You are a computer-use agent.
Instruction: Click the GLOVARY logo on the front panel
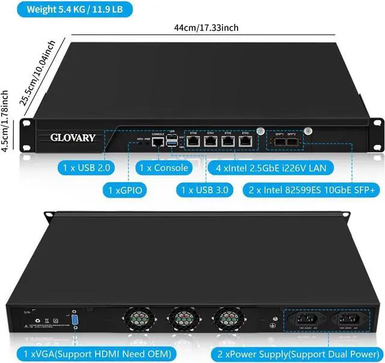click(x=72, y=138)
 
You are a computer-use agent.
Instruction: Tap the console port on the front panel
click(x=158, y=142)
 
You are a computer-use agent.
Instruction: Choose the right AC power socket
click(x=347, y=321)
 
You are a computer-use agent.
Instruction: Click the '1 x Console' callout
click(x=162, y=167)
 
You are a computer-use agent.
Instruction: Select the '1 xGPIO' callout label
click(x=125, y=190)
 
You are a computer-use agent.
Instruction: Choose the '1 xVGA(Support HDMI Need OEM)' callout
click(x=96, y=352)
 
